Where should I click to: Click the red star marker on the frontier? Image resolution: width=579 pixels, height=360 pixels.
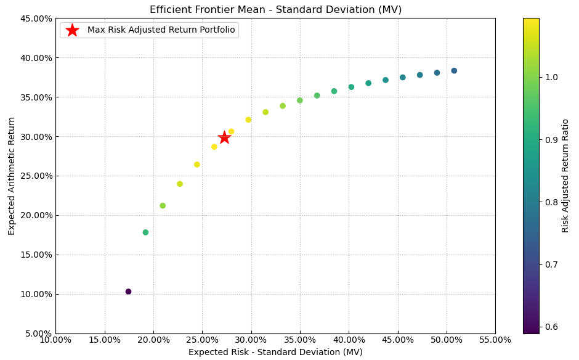pos(224,137)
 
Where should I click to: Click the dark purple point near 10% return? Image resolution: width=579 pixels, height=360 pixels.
pos(128,292)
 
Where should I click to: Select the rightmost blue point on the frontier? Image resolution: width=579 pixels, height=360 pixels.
pos(454,71)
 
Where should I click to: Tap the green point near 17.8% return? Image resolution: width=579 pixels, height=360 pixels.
pos(145,232)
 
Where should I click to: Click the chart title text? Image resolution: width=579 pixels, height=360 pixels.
pos(275,10)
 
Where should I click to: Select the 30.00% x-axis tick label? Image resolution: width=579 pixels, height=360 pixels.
pos(251,340)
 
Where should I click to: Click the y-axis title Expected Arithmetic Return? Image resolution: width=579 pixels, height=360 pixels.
pos(12,176)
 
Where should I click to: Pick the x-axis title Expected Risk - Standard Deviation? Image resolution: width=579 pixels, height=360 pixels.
pos(275,352)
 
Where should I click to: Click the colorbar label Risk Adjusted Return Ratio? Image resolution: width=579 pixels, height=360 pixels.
pos(565,176)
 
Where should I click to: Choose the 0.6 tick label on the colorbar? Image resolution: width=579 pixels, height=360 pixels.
pos(551,327)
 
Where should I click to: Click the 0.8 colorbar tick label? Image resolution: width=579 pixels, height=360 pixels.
pos(551,202)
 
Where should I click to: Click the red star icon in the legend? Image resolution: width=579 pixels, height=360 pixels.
pos(72,30)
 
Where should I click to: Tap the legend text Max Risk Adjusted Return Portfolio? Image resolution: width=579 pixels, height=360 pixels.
pos(161,30)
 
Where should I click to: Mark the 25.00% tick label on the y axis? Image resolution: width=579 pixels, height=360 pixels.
pos(36,176)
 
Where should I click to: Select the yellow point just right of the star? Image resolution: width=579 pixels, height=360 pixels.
pos(231,131)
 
